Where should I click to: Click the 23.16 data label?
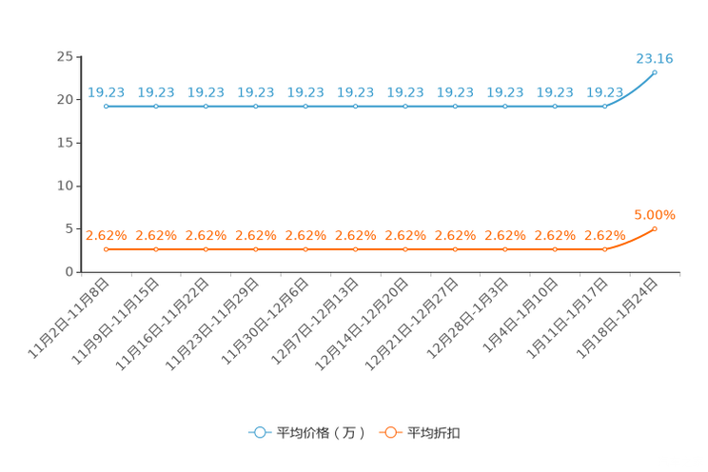655,59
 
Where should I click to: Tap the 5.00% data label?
655,215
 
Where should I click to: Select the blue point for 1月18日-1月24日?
655,72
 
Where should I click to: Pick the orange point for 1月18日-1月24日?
655,229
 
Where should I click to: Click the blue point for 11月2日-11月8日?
107,107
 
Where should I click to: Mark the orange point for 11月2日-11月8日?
107,249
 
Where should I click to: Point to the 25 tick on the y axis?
65,56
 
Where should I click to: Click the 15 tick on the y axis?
65,143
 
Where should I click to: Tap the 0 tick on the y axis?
69,272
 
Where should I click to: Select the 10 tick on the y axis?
65,186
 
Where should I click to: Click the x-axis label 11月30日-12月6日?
265,321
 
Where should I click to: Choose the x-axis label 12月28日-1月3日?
467,319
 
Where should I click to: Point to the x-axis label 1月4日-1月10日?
521,315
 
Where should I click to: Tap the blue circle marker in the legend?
260,433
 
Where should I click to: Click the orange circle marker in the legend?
390,433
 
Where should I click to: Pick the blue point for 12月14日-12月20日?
405,107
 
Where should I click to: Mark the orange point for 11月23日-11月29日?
256,249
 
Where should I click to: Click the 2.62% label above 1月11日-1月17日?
604,236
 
